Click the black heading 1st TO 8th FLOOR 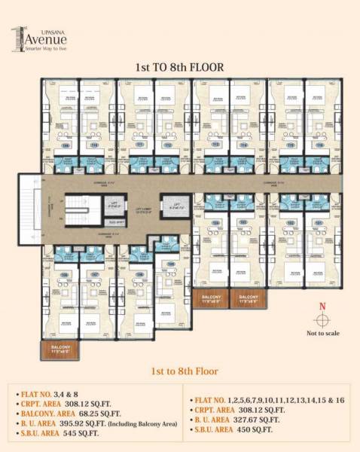point(179,67)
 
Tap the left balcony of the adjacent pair point(212,298)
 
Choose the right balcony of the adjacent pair point(249,298)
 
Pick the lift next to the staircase point(114,203)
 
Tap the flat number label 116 point(319,145)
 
